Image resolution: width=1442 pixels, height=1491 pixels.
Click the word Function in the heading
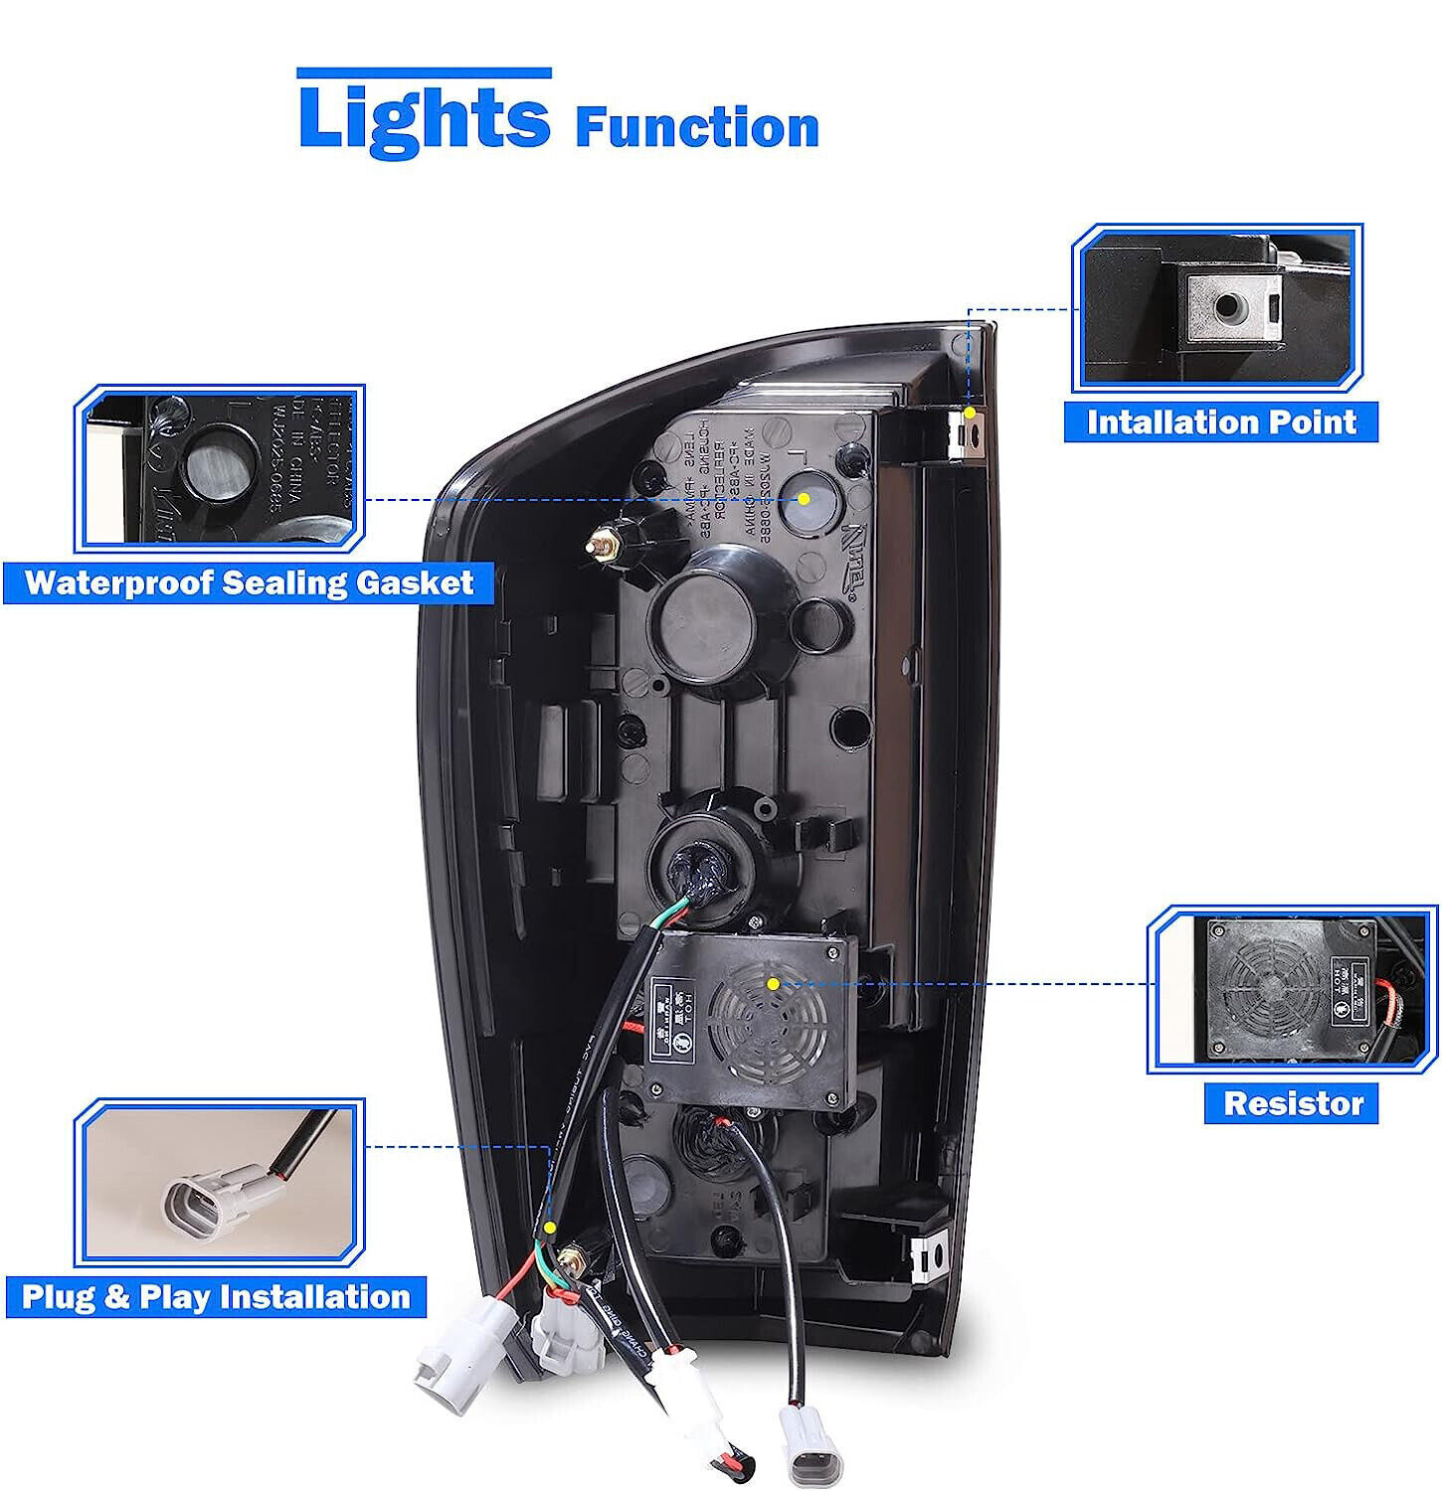(697, 127)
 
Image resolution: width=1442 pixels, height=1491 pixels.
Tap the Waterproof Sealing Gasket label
(249, 582)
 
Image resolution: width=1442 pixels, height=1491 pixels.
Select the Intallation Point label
(1220, 421)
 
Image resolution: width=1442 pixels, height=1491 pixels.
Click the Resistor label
(1292, 1103)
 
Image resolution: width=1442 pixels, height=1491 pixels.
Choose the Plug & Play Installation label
(216, 1297)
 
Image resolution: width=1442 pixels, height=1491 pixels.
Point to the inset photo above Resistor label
(1292, 989)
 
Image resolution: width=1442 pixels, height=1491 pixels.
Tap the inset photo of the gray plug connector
(220, 1182)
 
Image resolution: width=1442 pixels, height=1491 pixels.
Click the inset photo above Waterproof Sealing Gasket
(220, 468)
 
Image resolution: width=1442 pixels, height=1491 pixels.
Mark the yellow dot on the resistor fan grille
(773, 983)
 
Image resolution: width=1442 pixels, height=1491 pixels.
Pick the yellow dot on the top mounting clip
(970, 411)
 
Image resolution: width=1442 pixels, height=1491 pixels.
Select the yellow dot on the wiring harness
(550, 1230)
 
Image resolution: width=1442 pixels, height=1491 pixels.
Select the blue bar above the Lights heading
(424, 73)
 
